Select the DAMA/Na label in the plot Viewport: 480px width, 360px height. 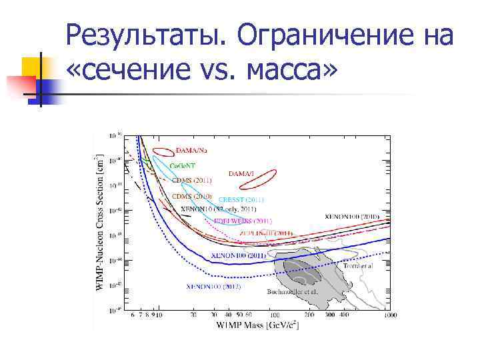pos(191,151)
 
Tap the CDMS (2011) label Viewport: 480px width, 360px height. pos(192,180)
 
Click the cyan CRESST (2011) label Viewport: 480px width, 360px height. pos(241,199)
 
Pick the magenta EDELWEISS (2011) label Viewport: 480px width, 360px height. pos(243,221)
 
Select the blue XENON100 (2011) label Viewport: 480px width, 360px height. pos(238,255)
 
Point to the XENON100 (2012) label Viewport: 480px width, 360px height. pos(214,287)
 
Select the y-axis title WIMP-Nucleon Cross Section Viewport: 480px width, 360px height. pos(99,220)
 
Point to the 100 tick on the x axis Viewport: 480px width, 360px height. pos(274,315)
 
